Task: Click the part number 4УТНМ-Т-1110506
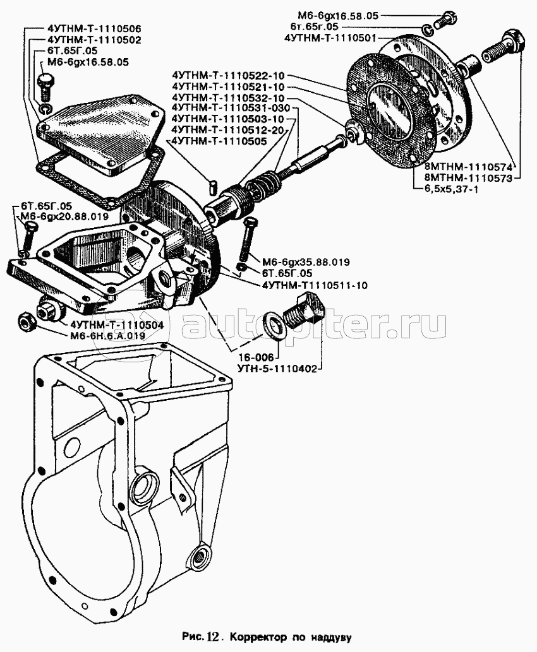pos(94,29)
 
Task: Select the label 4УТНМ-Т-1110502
pos(94,40)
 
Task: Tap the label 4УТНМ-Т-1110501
pos(331,37)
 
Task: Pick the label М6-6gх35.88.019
pos(298,261)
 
